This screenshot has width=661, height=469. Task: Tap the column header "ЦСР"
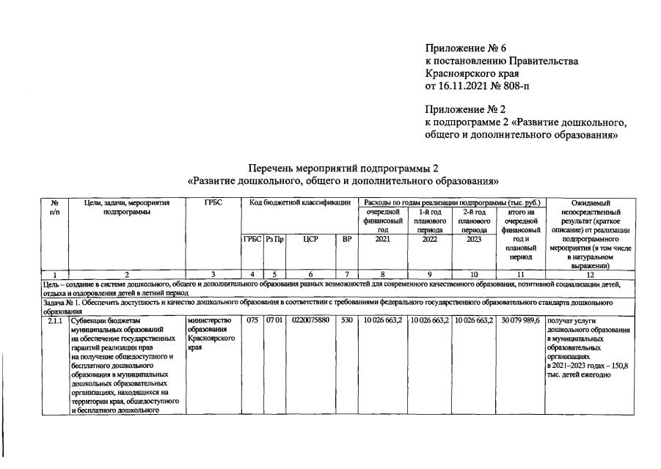coord(310,239)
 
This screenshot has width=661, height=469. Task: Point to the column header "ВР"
coord(347,239)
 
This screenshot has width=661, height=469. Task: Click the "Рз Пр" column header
coord(274,239)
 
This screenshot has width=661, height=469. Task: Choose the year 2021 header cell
coord(382,239)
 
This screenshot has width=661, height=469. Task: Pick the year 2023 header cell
coord(473,239)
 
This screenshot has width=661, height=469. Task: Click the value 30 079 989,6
coord(520,320)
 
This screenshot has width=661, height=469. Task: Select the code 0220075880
coord(310,320)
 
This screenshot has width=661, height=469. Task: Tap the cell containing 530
coord(347,320)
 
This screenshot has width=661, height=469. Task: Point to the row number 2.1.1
coord(56,320)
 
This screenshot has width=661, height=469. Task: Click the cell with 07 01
coord(274,320)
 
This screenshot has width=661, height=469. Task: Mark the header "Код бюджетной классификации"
coord(299,202)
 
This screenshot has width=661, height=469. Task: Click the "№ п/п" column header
coord(55,207)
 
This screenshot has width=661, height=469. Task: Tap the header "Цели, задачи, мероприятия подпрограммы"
coord(127,207)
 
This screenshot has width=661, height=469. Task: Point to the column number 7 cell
coord(347,275)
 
